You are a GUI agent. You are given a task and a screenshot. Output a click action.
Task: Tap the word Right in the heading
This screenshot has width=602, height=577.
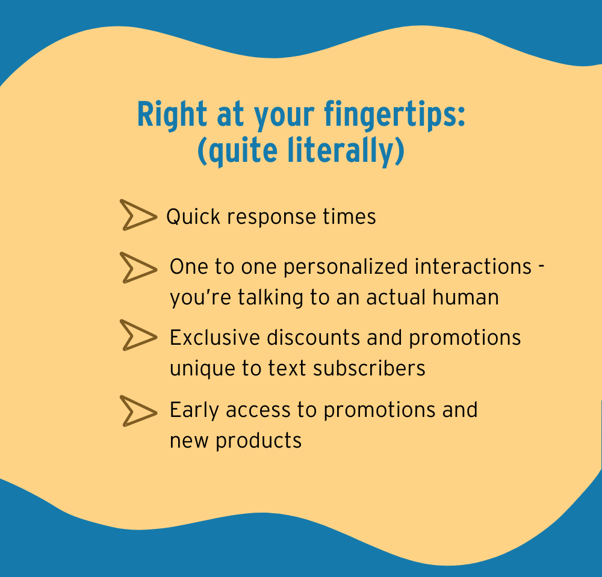(172, 115)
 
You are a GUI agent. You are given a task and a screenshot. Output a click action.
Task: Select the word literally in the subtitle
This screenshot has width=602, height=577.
(343, 150)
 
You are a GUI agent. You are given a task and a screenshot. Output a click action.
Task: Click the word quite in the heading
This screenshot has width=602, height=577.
(243, 151)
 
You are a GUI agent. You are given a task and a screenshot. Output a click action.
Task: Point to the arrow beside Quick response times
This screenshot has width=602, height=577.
(138, 215)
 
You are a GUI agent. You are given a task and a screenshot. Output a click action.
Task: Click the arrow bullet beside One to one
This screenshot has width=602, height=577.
(138, 268)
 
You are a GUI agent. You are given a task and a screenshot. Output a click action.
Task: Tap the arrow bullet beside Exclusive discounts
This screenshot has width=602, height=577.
(138, 335)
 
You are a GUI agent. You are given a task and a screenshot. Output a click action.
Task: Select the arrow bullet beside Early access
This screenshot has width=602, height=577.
(138, 411)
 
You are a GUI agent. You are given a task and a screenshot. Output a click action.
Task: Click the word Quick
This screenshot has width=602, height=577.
(193, 217)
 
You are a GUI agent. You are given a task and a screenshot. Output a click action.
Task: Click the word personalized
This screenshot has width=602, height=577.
(346, 267)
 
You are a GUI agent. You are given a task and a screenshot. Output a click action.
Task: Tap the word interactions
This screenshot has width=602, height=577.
(473, 267)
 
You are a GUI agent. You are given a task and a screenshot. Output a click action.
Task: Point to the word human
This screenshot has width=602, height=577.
(466, 297)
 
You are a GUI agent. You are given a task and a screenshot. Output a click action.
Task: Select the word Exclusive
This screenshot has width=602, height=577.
(215, 338)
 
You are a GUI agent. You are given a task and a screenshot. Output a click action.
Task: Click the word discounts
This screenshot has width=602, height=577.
(313, 338)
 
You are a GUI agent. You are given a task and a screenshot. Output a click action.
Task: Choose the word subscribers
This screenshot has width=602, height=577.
(369, 368)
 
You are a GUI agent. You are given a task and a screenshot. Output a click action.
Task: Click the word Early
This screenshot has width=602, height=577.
(194, 410)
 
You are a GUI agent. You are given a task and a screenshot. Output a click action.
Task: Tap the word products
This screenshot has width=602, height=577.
(258, 441)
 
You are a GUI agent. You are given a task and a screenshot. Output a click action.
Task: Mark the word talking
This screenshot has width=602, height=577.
(271, 298)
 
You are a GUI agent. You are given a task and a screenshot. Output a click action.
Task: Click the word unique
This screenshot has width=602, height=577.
(202, 369)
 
